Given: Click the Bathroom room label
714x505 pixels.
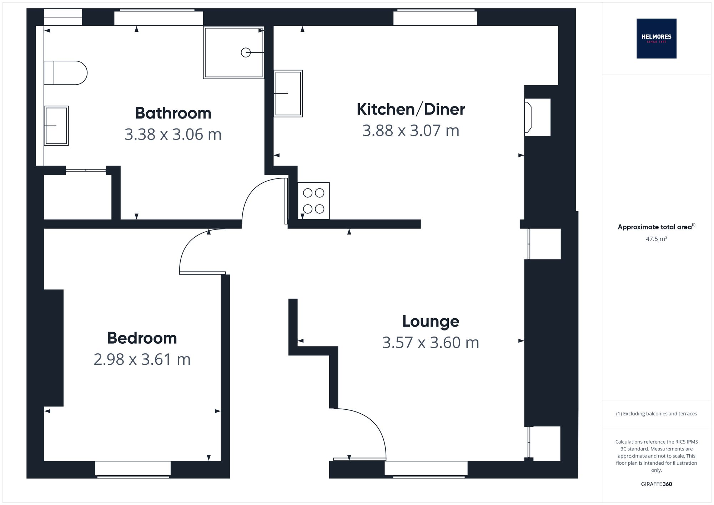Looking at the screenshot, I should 173,113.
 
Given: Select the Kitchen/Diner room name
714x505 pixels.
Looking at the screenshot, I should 411,109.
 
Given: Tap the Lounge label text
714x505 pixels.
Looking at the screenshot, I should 431,321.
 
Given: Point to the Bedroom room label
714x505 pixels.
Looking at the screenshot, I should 142,338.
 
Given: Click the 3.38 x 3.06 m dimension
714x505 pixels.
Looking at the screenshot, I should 173,135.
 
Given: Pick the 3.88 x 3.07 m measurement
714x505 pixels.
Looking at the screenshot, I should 411,131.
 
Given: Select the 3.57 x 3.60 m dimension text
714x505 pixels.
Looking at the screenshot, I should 431,343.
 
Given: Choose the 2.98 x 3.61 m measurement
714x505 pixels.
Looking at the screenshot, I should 142,359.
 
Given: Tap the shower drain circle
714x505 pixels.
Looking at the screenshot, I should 246,52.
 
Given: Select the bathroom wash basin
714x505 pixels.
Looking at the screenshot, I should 56,126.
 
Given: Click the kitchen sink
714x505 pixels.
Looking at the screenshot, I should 288,94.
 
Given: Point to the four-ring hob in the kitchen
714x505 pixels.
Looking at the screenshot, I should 313,201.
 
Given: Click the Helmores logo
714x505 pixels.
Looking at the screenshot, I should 656,39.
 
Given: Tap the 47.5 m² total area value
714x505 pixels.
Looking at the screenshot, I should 656,239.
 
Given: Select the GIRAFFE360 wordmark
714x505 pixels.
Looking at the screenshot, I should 656,484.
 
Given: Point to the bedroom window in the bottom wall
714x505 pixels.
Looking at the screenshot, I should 132,469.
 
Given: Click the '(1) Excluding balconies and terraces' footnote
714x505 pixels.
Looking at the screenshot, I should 656,414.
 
